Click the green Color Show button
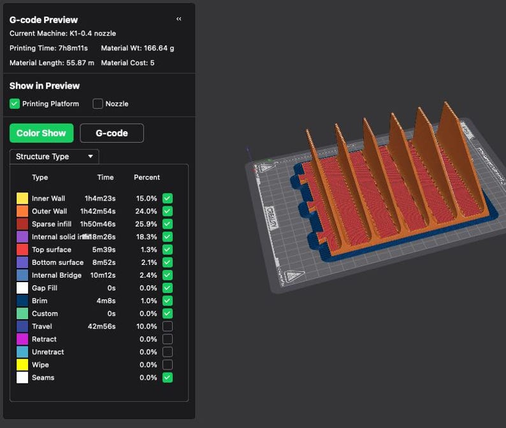tap(41, 133)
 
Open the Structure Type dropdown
tap(54, 157)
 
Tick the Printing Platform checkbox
tap(15, 104)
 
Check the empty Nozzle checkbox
tap(98, 104)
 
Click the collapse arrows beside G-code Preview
tap(178, 19)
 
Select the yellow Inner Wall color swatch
tap(22, 199)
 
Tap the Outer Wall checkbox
tap(168, 211)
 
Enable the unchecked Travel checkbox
tap(168, 326)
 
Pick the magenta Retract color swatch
tap(22, 339)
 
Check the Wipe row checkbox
tap(168, 365)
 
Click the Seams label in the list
tap(43, 378)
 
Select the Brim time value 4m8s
tap(105, 301)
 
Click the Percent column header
tap(147, 177)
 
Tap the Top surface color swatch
tap(22, 250)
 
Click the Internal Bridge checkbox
tap(168, 275)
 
